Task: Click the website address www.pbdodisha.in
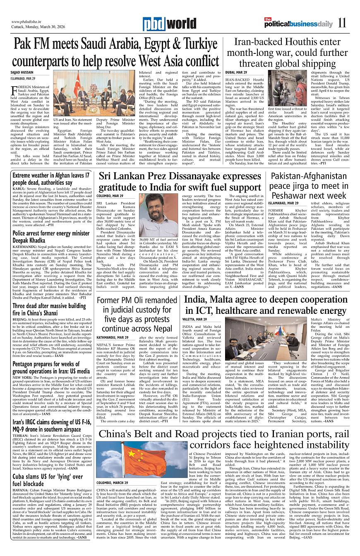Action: coord(27,22)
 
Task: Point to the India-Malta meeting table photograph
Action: coord(259,338)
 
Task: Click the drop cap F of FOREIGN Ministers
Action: coord(16,89)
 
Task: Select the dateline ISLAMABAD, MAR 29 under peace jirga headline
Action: coord(283,203)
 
